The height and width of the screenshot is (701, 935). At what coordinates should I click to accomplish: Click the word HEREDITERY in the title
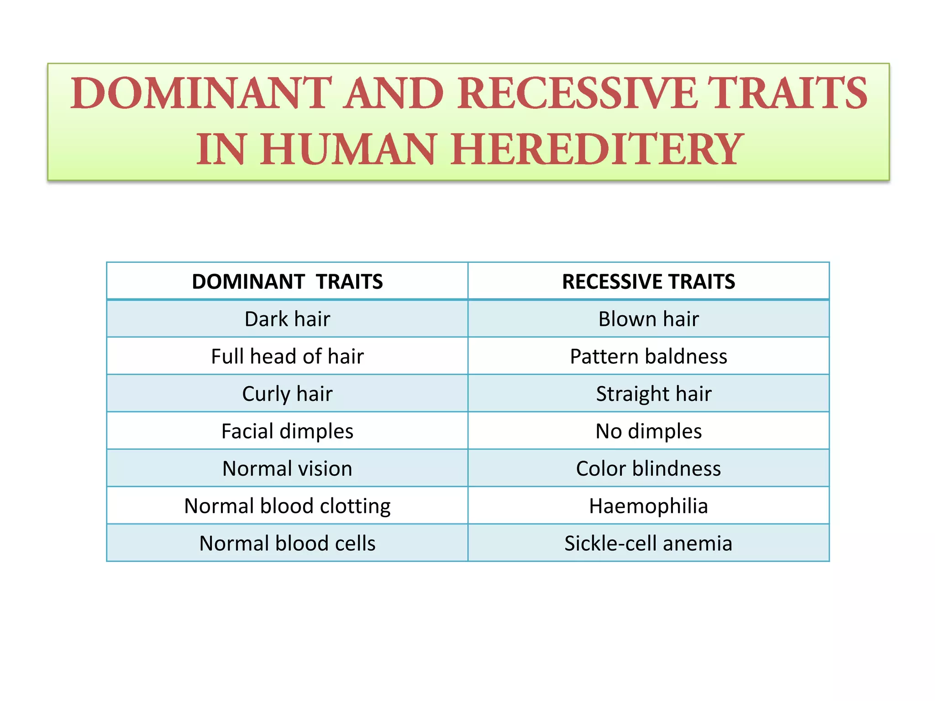tap(595, 150)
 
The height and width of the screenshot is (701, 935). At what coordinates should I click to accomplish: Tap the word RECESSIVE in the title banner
tap(577, 94)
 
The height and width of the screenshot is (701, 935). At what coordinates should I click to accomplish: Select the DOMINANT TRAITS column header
tap(287, 282)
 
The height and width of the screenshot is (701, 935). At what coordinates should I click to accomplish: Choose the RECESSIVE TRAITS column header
tap(648, 282)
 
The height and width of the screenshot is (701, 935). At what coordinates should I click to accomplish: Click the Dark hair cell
tap(287, 319)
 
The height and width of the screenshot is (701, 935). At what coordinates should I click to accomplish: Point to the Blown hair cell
tap(648, 319)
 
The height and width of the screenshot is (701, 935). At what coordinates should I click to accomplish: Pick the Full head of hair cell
tap(287, 356)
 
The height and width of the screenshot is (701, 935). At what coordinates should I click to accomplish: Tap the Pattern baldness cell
tap(648, 356)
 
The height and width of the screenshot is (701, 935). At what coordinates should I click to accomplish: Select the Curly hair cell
tap(287, 394)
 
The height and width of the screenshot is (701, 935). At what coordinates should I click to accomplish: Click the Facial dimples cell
tap(287, 431)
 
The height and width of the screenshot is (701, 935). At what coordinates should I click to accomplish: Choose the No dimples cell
tap(648, 431)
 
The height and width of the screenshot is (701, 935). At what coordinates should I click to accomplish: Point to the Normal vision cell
tap(287, 469)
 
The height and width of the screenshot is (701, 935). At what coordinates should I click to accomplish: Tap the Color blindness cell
tap(648, 469)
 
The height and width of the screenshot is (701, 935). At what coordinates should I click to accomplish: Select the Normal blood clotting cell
tap(287, 506)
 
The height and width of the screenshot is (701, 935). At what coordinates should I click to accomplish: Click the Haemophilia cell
tap(648, 506)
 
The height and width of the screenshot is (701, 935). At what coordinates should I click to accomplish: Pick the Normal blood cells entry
tap(287, 544)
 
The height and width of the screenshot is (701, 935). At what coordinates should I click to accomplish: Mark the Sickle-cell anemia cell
tap(648, 544)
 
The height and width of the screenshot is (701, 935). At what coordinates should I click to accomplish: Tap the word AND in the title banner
tap(393, 94)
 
